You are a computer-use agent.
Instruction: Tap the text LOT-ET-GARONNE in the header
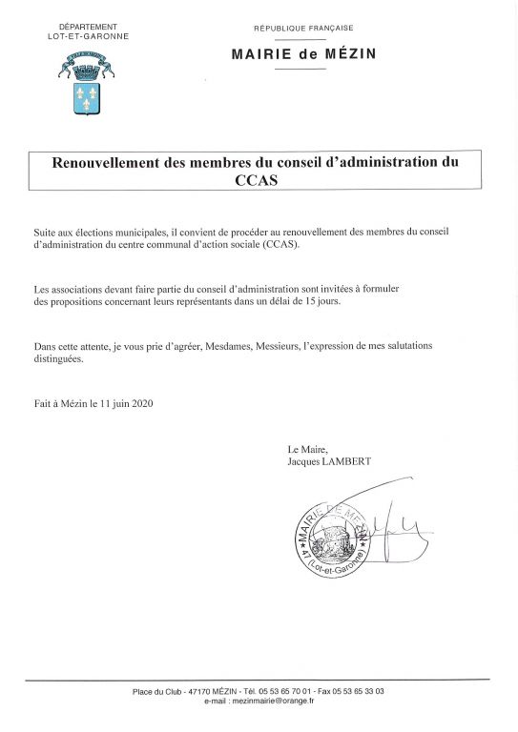click(x=88, y=36)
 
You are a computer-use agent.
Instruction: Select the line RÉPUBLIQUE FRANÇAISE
click(x=302, y=30)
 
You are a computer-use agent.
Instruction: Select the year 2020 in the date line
click(x=139, y=403)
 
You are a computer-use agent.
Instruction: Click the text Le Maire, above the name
click(x=306, y=449)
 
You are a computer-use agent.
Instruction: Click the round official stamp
click(x=329, y=539)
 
